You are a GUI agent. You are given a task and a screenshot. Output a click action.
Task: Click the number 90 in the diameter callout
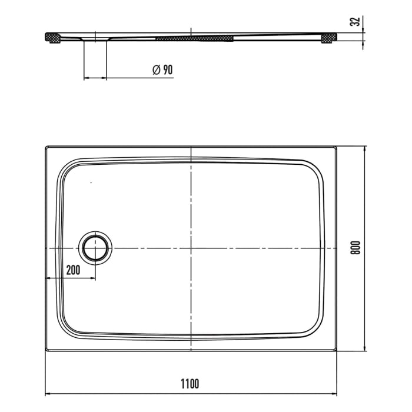167,70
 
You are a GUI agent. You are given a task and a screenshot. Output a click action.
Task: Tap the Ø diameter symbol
156,70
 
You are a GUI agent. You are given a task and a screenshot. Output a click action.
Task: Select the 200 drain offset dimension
73,270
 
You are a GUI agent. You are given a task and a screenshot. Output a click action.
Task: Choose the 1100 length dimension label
190,384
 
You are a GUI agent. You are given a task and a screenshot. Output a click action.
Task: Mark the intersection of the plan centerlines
192,248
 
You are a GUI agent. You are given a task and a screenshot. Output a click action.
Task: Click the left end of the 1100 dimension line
46,393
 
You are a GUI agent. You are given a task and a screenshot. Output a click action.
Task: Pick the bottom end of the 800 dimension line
366,351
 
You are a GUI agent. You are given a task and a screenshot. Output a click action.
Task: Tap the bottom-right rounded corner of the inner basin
318,330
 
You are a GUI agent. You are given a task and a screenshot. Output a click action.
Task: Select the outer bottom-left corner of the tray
46,351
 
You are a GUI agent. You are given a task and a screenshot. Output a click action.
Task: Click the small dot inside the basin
91,184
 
